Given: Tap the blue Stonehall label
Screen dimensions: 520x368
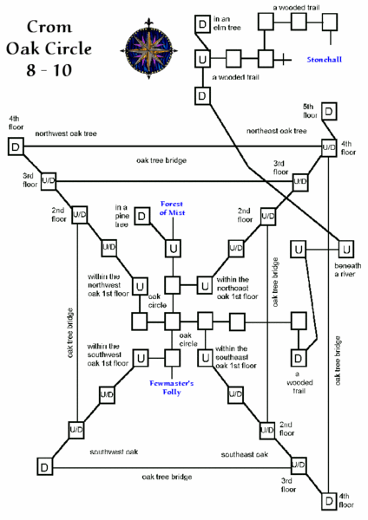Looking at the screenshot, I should (x=325, y=62).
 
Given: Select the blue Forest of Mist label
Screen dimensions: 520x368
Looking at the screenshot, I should (x=174, y=208).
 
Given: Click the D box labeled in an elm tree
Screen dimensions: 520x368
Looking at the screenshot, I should (x=201, y=23).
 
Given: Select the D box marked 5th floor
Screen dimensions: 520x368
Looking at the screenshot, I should (x=330, y=112).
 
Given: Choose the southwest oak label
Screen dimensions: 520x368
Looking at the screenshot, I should (x=114, y=452).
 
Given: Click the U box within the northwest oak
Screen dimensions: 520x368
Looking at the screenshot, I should (x=139, y=284).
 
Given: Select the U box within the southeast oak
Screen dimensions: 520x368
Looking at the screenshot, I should (x=204, y=356).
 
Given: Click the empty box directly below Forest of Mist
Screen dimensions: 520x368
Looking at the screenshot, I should (x=173, y=248).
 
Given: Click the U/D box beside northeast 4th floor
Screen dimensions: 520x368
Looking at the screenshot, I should (x=328, y=148).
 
